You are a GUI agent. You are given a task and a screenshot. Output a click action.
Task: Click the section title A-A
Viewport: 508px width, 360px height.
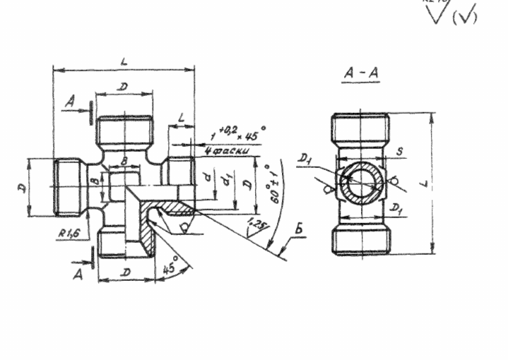(360, 73)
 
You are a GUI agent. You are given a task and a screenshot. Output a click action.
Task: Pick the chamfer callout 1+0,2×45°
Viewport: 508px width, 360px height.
(237, 132)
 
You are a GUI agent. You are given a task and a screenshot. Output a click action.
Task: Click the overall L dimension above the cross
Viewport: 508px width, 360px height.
(124, 62)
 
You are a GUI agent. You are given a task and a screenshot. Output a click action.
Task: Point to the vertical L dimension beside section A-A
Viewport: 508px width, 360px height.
(440, 182)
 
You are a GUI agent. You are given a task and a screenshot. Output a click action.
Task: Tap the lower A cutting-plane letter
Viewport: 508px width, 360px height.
(78, 274)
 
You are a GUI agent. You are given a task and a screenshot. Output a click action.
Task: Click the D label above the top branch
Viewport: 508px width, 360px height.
(124, 86)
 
